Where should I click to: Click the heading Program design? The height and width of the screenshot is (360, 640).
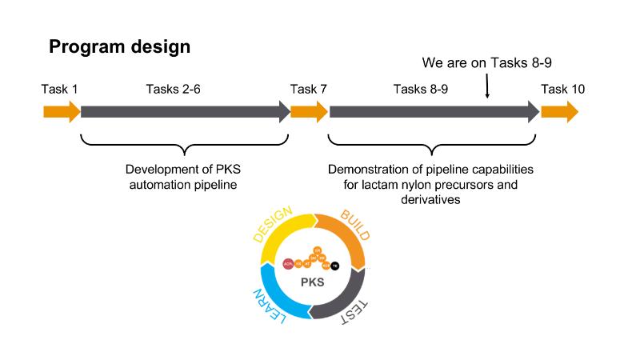coord(120,47)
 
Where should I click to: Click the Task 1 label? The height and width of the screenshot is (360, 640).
coord(59,89)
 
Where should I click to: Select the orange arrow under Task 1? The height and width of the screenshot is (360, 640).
coord(62,111)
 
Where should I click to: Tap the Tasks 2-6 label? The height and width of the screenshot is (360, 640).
coord(173,89)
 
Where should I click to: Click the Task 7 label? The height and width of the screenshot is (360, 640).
coord(308,89)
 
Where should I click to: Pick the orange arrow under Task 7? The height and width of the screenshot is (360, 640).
coord(309,111)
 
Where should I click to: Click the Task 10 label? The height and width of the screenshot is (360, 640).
coord(562,89)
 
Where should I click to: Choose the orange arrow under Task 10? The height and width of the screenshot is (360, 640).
coord(559,111)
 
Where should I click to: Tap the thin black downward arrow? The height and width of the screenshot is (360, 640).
coord(487,86)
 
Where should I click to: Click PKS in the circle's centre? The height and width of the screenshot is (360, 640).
coord(314,282)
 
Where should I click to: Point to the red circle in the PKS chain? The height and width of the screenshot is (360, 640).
coord(288,263)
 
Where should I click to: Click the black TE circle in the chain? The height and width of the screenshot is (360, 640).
coord(335,265)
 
